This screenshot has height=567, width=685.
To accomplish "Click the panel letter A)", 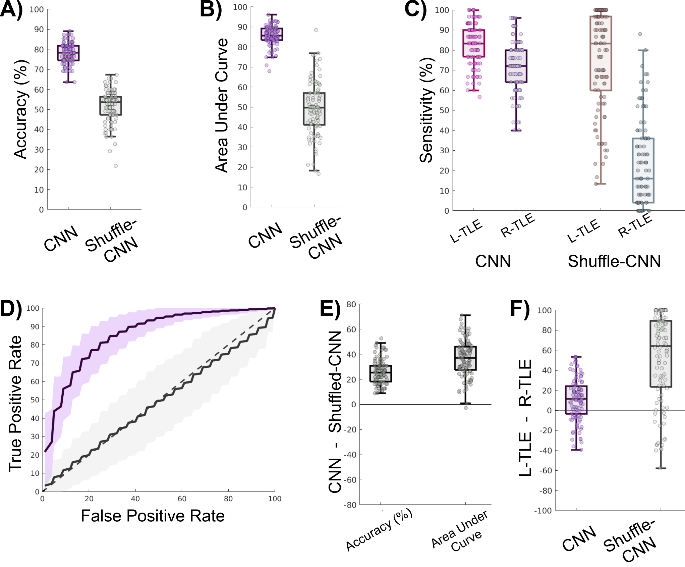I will (11, 9).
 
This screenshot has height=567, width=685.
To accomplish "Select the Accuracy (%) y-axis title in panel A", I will (21, 109).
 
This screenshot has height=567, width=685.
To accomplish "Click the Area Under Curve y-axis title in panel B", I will (222, 105).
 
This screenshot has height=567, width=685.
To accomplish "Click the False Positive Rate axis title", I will (153, 516).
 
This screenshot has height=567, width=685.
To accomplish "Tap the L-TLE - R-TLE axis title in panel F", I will (525, 418).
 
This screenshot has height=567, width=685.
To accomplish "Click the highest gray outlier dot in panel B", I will (316, 30).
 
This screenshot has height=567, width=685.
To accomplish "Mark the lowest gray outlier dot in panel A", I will (116, 166).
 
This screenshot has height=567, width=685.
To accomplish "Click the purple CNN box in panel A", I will (68, 53).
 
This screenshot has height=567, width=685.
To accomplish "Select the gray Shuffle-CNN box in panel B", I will (314, 109).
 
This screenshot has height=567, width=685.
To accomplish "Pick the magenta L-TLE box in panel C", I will (474, 43).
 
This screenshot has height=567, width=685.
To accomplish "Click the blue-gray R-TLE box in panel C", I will (643, 170).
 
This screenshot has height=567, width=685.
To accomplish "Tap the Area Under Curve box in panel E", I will (465, 358).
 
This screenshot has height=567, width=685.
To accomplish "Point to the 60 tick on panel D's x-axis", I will (182, 499).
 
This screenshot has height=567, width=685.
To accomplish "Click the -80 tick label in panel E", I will (350, 505).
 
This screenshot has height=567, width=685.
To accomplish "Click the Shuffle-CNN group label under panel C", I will (614, 261).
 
